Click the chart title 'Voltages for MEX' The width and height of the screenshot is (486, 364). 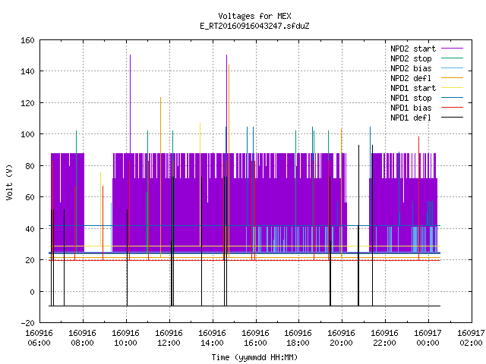(254, 16)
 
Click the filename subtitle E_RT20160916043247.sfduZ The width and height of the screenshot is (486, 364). (254, 26)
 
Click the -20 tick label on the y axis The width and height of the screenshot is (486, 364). (27, 323)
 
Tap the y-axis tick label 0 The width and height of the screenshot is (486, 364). (32, 292)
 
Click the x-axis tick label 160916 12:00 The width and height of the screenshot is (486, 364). (169, 338)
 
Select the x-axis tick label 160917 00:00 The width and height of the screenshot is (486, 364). (428, 338)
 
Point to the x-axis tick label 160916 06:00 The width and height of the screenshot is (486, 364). (39, 338)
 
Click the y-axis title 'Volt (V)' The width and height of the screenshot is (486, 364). (10, 182)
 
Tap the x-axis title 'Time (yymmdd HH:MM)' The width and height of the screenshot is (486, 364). (254, 357)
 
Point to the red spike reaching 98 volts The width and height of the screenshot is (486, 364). (418, 199)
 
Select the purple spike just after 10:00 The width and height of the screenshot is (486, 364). (130, 104)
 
